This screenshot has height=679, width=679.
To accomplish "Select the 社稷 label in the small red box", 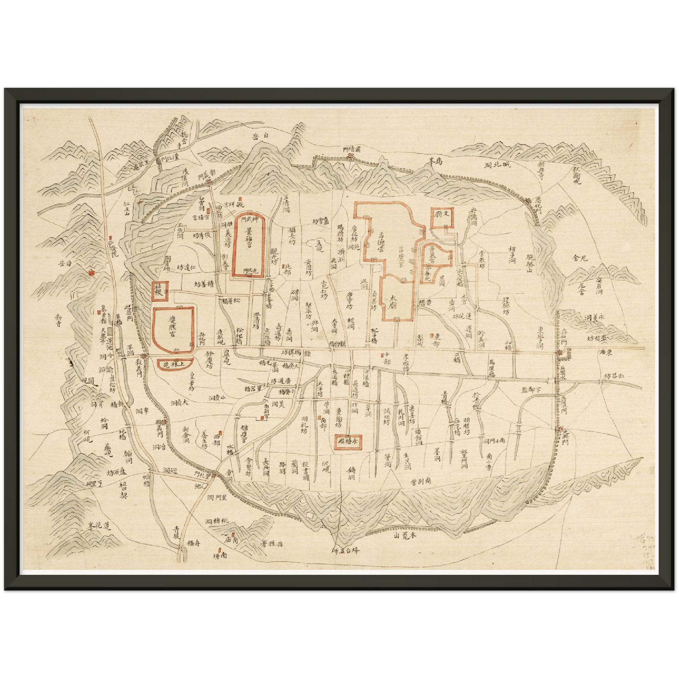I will (x=157, y=291).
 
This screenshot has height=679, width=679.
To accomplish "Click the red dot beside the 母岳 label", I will (x=91, y=271).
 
